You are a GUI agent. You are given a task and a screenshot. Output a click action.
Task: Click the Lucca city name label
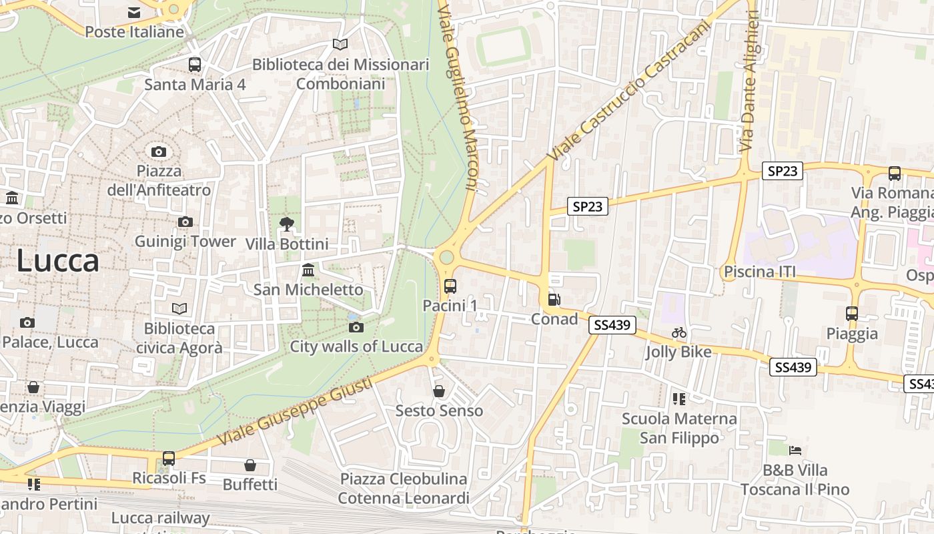tap(57, 260)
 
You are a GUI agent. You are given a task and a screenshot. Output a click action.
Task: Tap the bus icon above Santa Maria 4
tap(195, 65)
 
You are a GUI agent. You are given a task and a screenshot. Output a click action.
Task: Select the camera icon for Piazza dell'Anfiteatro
tap(159, 152)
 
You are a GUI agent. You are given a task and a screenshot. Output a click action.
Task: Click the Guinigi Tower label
tap(185, 241)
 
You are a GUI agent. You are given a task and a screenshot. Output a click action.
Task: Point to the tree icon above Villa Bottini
tap(287, 224)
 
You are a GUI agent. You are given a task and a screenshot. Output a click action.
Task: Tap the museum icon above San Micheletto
tap(308, 270)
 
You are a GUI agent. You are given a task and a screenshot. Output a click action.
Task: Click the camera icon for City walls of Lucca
tap(356, 327)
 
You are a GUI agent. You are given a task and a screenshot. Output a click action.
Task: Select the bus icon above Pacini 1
tap(450, 286)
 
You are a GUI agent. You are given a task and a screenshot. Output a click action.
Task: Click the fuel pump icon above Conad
tap(554, 300)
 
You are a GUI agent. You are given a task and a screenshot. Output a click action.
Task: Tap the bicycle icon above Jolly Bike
tap(679, 332)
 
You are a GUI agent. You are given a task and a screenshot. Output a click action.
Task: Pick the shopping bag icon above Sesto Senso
tap(439, 391)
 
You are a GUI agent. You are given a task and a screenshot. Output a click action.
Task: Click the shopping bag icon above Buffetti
tap(250, 465)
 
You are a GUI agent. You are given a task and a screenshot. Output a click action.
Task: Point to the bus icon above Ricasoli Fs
tap(169, 459)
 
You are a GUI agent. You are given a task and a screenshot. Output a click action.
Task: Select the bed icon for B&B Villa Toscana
tap(795, 451)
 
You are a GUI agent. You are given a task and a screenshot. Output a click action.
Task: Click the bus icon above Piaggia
tap(852, 314)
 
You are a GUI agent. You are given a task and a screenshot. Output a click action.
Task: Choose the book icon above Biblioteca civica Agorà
tap(179, 308)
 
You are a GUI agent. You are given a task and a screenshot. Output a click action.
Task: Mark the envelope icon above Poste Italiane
tap(134, 12)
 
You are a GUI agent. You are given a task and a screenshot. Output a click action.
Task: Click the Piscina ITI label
tap(760, 272)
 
